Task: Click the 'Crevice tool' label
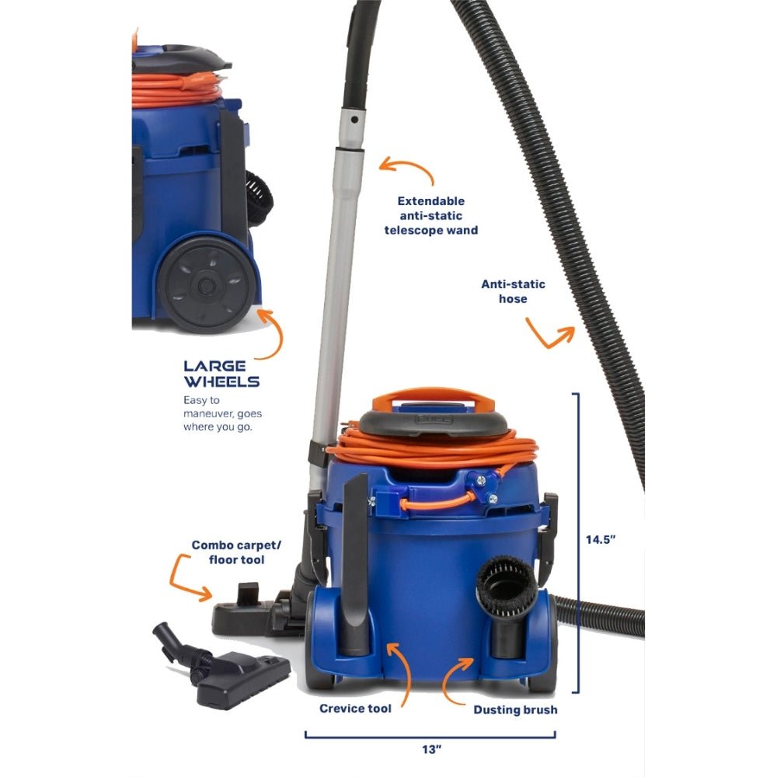click(x=355, y=709)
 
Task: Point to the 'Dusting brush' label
click(x=515, y=709)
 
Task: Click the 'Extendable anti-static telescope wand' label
click(x=430, y=215)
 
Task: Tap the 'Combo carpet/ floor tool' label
click(x=228, y=552)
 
